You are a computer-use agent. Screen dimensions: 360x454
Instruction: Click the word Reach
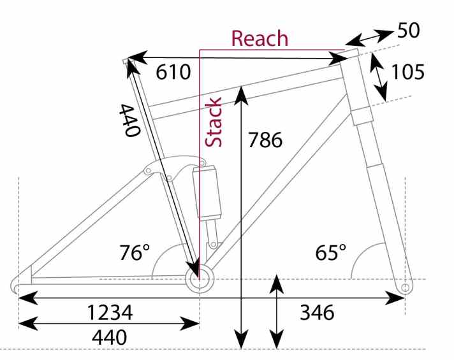click(x=260, y=38)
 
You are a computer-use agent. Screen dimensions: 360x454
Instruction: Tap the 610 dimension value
click(x=173, y=72)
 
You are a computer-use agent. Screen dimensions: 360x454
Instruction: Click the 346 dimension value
click(x=317, y=313)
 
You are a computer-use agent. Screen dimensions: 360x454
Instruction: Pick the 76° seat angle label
click(x=135, y=252)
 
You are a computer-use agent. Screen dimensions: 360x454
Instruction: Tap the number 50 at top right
click(x=409, y=30)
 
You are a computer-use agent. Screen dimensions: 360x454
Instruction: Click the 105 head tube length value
click(x=407, y=72)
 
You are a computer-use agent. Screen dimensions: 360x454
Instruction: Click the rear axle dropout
click(x=22, y=281)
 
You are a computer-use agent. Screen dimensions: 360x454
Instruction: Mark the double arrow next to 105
click(x=380, y=76)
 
